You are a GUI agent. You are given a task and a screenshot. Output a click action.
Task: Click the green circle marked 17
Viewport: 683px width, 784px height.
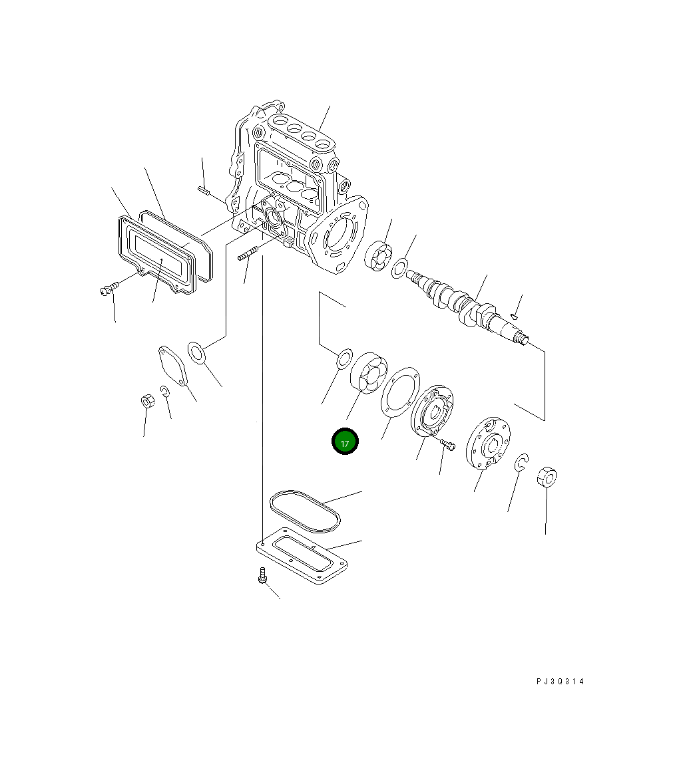[x=345, y=442]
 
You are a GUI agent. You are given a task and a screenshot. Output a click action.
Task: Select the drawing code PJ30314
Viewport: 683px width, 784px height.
[x=560, y=681]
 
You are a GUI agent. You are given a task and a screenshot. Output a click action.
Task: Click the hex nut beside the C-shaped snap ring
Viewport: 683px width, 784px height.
[x=546, y=477]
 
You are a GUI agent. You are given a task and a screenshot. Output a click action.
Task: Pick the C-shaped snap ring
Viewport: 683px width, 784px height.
[x=523, y=463]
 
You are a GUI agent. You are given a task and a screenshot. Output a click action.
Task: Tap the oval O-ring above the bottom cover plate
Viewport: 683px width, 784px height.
[x=305, y=511]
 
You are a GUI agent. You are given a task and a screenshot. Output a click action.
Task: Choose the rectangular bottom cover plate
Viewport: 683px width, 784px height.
[x=303, y=560]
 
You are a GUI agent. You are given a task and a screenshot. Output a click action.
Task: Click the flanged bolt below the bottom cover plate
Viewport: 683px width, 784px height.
[x=262, y=575]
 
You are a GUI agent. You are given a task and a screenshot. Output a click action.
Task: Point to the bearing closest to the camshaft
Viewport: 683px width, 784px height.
[x=378, y=255]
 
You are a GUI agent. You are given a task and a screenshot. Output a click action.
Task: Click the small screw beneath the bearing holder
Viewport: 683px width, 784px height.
[x=447, y=444]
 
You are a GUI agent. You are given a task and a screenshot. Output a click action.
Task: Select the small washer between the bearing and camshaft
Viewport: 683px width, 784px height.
[x=399, y=268]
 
